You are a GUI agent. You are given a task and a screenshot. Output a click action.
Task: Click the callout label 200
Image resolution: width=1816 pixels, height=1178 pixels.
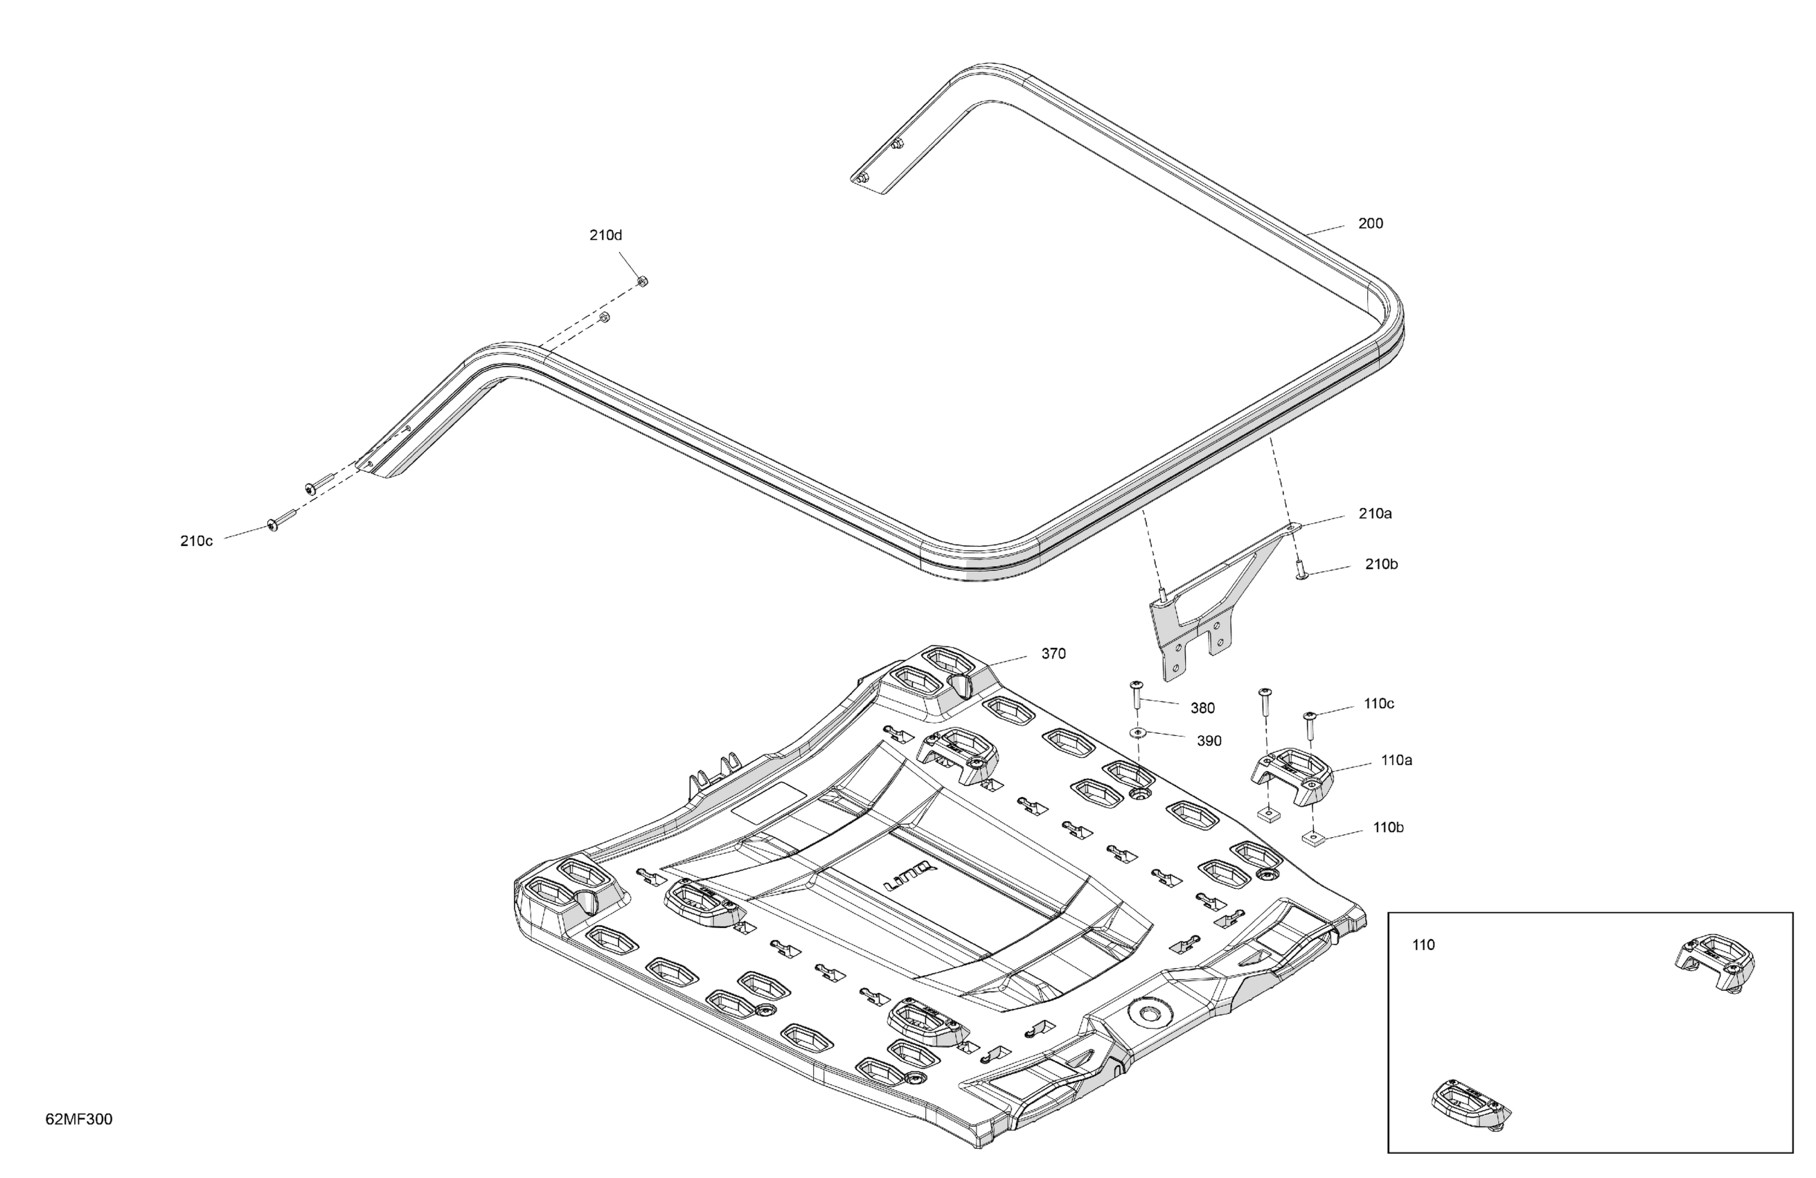[1371, 224]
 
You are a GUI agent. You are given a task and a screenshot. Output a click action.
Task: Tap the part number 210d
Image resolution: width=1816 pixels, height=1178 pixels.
[605, 235]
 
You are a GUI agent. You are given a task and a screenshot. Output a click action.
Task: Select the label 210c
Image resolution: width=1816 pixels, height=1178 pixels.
[196, 541]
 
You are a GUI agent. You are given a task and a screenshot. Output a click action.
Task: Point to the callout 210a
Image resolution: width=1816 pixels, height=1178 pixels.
[1375, 513]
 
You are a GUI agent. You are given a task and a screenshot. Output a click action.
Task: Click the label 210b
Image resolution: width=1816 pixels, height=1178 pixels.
[1381, 564]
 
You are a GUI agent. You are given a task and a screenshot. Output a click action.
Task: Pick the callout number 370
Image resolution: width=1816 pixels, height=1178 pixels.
[1053, 653]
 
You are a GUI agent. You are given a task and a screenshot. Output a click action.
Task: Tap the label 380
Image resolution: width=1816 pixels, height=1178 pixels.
[1202, 708]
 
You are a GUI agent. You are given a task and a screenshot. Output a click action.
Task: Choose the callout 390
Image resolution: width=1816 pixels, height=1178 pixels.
[1209, 741]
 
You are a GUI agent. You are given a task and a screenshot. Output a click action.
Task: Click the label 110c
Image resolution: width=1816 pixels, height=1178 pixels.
[1379, 704]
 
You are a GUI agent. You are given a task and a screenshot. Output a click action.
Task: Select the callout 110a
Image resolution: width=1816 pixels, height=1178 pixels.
[1396, 760]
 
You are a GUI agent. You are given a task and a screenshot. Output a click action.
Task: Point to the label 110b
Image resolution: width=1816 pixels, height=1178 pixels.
[1388, 827]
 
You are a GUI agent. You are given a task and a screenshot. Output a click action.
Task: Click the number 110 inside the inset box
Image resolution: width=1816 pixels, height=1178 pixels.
[1423, 945]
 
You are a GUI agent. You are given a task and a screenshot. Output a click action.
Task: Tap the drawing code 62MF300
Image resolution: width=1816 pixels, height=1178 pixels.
[78, 1119]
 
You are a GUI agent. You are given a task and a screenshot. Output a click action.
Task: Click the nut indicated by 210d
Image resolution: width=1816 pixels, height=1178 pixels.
[643, 282]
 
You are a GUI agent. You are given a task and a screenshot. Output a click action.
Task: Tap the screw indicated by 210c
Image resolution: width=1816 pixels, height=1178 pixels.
[275, 525]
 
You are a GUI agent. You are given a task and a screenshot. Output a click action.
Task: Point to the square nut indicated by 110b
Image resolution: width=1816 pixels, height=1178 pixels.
[1312, 841]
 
